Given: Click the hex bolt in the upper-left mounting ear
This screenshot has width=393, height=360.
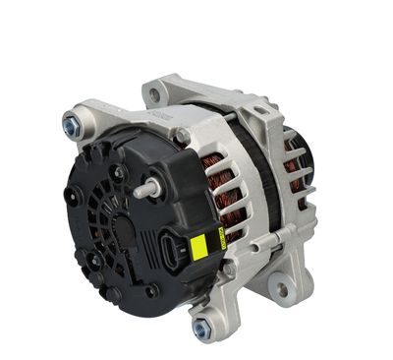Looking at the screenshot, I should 73,125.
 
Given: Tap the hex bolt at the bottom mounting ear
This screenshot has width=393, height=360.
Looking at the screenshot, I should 201,327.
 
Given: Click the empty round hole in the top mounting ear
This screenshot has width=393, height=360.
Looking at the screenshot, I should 156,95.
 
